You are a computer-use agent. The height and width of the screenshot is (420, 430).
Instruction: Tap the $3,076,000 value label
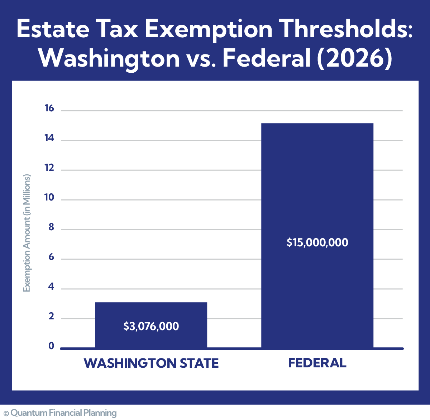point(151,327)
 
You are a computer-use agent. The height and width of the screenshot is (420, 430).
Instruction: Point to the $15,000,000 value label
point(317,243)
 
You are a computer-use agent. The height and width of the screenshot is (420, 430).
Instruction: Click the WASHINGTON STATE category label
point(151,363)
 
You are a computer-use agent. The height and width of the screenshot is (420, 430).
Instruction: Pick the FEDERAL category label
point(317,363)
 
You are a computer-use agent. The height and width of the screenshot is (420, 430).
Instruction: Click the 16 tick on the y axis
point(49,108)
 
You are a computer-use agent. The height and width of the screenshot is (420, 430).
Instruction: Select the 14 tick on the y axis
point(49,138)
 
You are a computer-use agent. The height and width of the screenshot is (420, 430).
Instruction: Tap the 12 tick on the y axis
point(49,168)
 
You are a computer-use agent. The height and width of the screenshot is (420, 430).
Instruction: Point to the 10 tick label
point(49,198)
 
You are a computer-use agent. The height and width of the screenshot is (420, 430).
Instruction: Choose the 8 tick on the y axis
point(51,227)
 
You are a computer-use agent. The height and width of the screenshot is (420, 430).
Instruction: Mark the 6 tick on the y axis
point(51,257)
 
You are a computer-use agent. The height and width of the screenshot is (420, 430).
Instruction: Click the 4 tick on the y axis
point(51,287)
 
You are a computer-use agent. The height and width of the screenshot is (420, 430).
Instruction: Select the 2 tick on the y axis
point(51,317)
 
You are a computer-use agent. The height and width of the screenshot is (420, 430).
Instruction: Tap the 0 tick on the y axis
point(51,346)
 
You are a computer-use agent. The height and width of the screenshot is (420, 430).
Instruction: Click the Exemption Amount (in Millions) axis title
point(27,233)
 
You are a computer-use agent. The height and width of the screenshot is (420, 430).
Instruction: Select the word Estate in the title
point(52,29)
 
